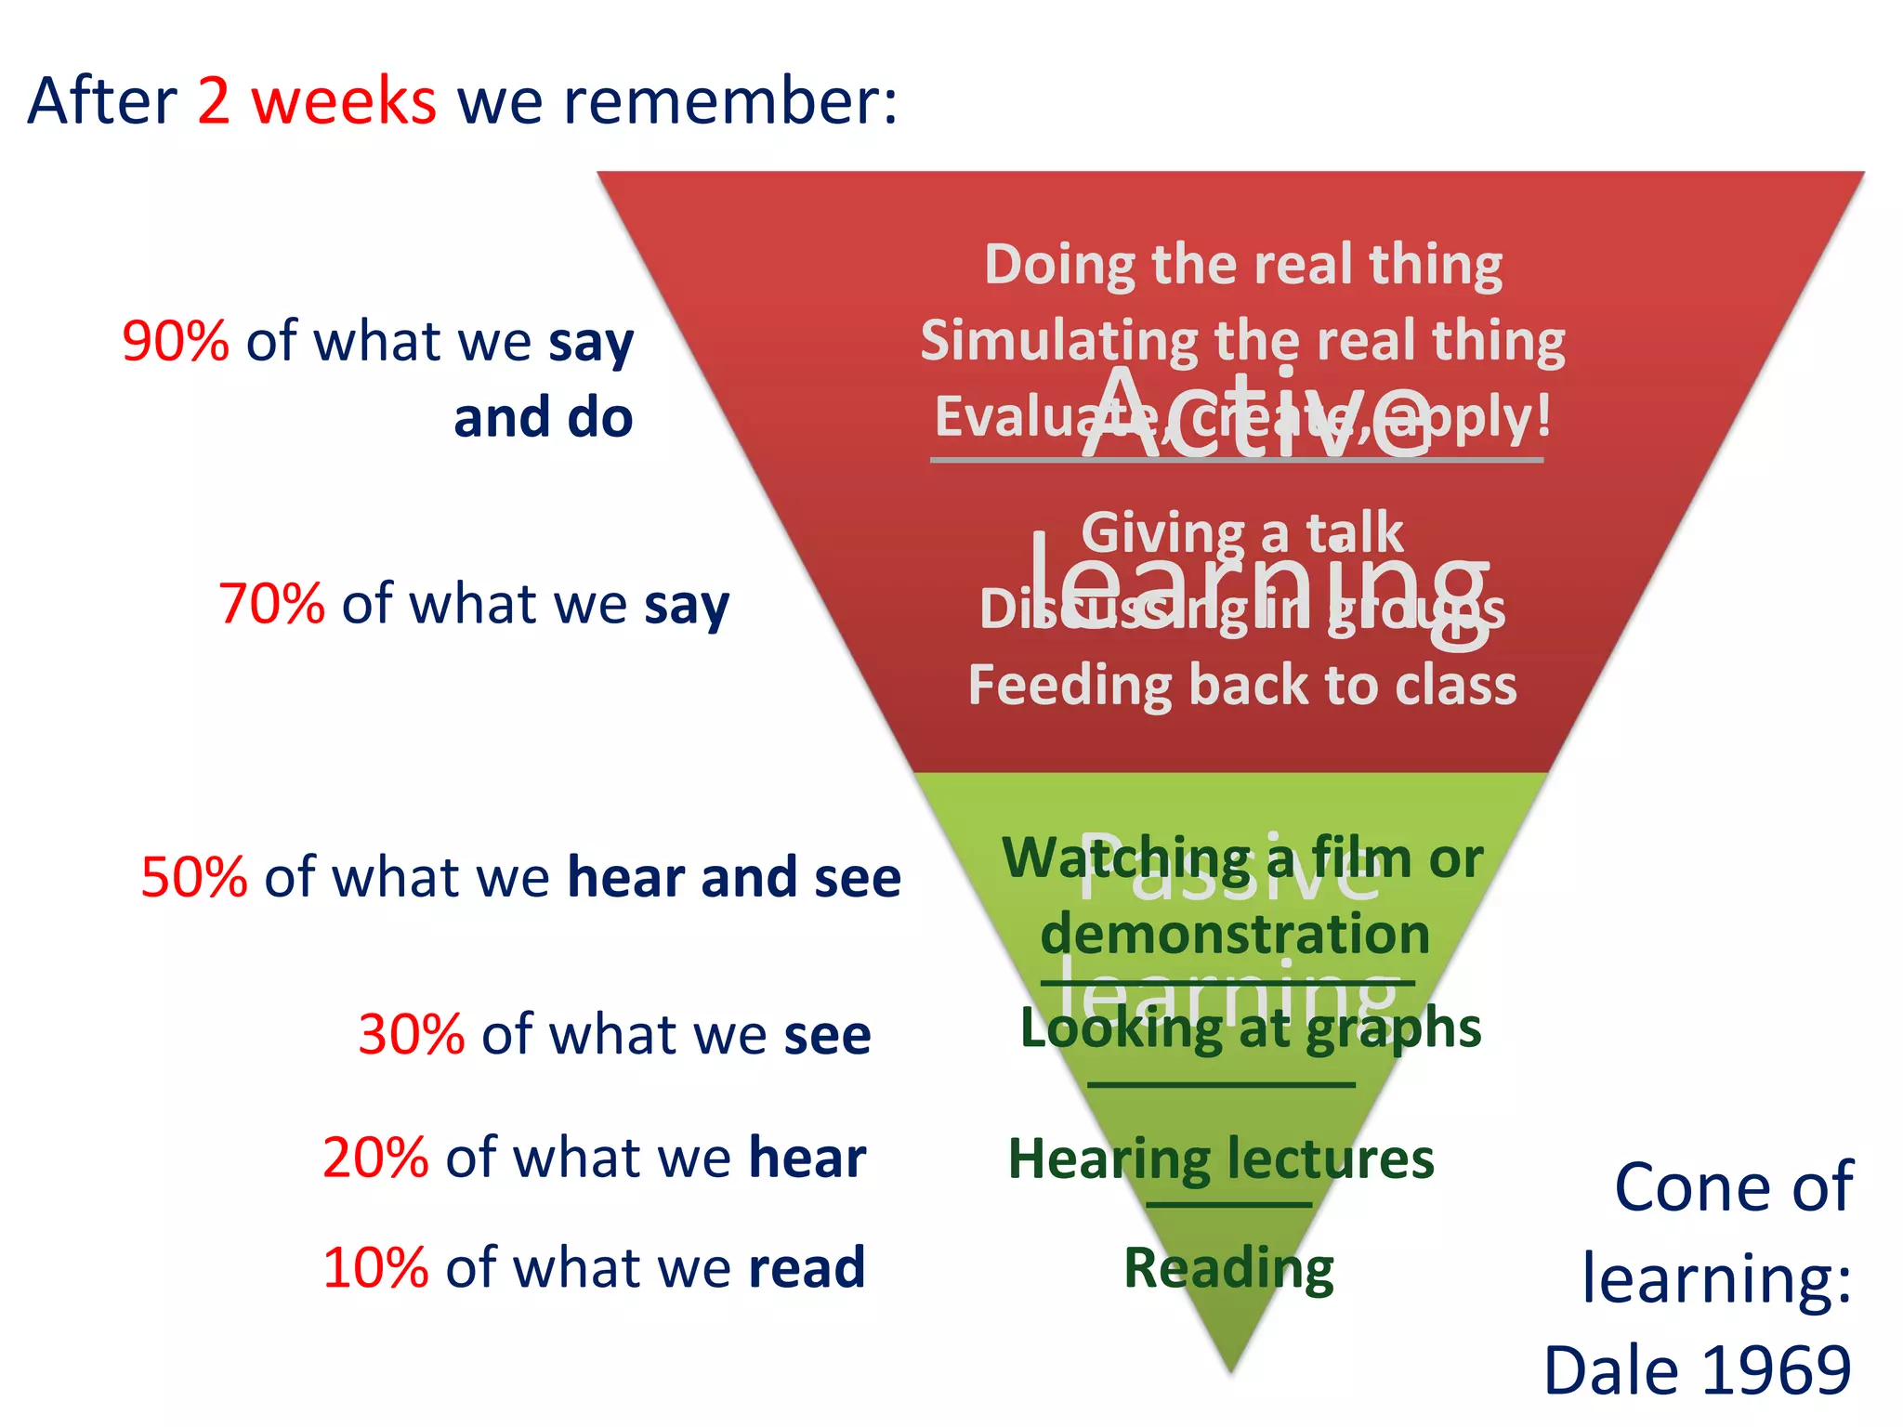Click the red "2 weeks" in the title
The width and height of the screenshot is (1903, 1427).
point(316,101)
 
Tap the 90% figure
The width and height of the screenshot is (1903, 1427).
point(175,341)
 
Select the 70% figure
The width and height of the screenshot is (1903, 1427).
point(271,604)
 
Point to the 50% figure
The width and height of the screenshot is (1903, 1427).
point(194,877)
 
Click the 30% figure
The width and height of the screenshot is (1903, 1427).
point(411,1034)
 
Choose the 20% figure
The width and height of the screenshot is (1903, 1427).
point(375,1159)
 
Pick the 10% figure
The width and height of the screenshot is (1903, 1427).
point(375,1267)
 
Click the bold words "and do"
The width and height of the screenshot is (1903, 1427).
point(543,418)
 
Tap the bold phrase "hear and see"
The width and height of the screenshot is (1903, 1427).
point(734,877)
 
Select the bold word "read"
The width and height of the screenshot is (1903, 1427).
point(807,1267)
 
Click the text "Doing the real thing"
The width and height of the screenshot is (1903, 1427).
point(1243,265)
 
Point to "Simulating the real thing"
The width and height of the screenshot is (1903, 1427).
point(1243,341)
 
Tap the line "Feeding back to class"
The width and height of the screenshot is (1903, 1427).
point(1242,686)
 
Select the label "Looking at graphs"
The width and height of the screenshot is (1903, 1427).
point(1251,1028)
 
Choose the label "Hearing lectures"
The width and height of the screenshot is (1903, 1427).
point(1221,1159)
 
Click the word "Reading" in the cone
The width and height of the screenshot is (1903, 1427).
point(1228,1268)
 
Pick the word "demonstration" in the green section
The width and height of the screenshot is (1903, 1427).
point(1235,934)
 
